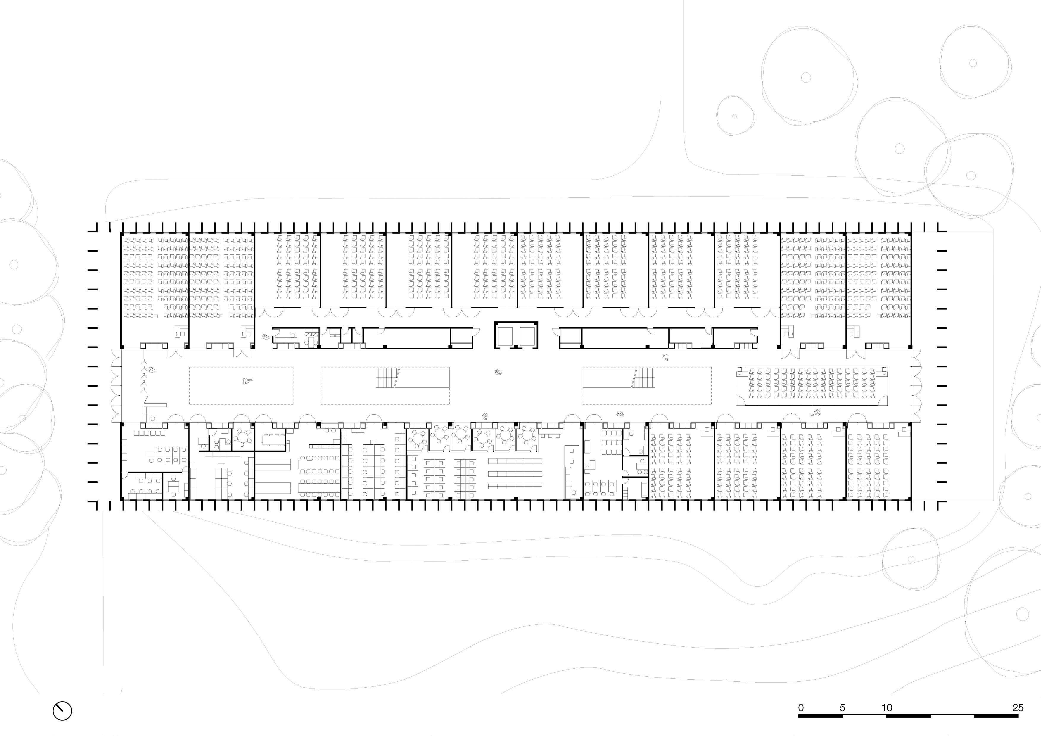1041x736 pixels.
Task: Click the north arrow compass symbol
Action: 63,710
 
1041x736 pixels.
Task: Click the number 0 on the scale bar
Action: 801,708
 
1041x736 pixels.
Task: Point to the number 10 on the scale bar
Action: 887,708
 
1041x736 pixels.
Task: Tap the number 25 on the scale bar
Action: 1018,708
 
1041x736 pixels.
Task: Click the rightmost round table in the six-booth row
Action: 527,436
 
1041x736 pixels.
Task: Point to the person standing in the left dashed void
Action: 247,381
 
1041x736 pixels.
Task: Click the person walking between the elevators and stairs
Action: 499,373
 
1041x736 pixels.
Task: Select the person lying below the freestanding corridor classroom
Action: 816,412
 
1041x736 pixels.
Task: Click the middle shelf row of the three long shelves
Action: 515,473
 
